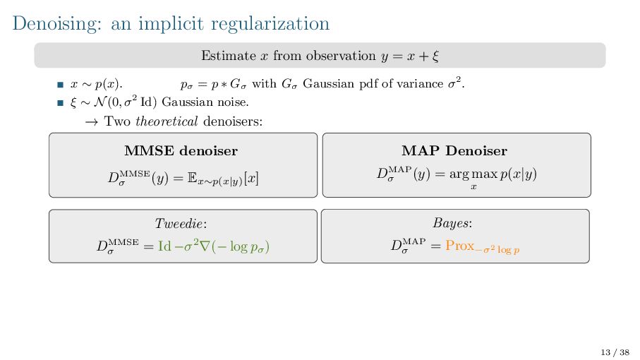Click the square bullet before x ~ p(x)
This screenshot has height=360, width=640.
[x=60, y=85]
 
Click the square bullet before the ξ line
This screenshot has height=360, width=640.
[x=60, y=102]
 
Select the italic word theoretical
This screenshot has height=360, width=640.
[x=167, y=121]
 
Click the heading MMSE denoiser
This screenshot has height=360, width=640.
[x=181, y=150]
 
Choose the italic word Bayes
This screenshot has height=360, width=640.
[x=452, y=224]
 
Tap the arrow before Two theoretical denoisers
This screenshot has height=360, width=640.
[x=91, y=121]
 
